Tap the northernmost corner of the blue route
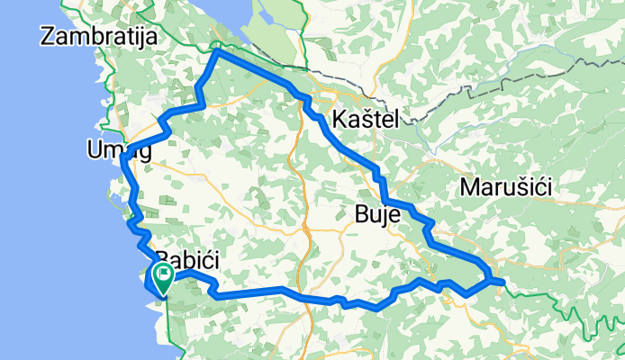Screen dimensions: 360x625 pos(216,53)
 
